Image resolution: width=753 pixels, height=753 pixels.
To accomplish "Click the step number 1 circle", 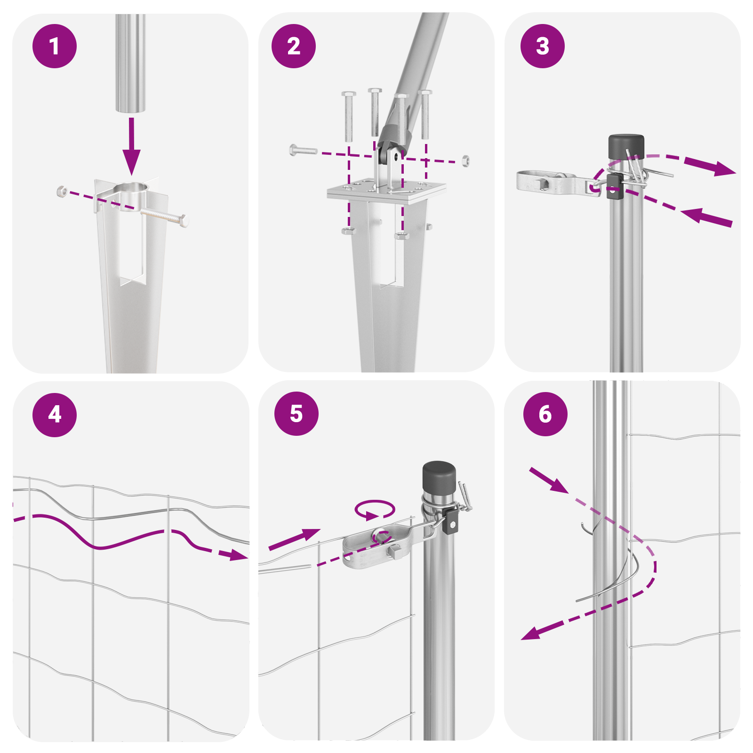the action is click(55, 46).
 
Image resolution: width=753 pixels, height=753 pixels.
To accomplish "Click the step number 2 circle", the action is click(294, 46).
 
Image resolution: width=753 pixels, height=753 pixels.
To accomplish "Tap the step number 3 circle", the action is click(543, 46).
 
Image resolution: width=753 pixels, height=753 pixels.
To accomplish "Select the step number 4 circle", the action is click(55, 415).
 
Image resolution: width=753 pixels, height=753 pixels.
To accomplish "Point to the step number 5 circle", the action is click(296, 414).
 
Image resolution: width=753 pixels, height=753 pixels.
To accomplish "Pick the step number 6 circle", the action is click(545, 414).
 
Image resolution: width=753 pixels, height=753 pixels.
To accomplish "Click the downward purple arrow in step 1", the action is click(131, 146).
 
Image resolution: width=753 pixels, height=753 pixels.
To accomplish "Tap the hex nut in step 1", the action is click(61, 191).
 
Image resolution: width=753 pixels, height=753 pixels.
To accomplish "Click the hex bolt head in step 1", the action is click(184, 220).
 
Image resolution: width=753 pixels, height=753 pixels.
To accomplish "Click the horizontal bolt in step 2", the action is click(303, 151).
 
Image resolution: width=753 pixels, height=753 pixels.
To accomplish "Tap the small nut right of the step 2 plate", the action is click(465, 160).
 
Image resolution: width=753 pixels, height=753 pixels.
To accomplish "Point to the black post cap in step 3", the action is click(626, 147).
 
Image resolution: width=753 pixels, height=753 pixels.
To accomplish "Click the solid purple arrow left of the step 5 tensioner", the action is click(294, 539).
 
